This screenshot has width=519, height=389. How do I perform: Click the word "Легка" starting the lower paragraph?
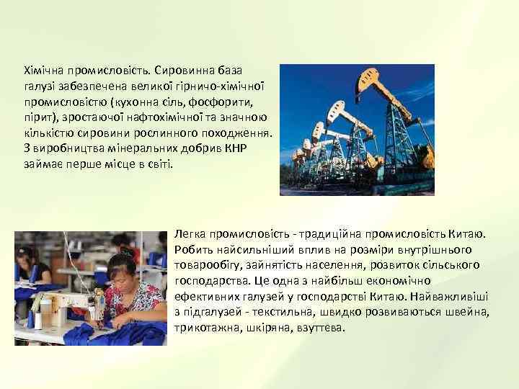190,235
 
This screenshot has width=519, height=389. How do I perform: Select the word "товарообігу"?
205,266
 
